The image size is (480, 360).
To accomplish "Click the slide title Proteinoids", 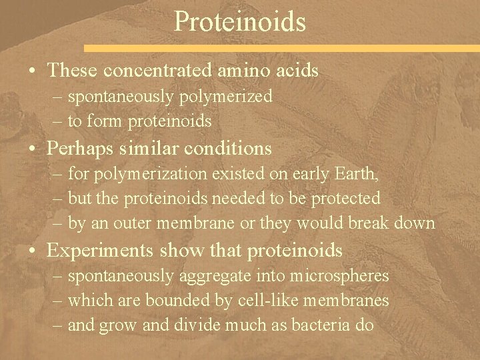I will pyautogui.click(x=240, y=21).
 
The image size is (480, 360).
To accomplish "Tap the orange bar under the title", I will pyautogui.click(x=333, y=49).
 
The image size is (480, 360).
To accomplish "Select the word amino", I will pyautogui.click(x=247, y=69).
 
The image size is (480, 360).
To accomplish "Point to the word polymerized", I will pyautogui.click(x=227, y=97).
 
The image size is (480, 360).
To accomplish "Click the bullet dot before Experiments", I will pyautogui.click(x=33, y=251).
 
